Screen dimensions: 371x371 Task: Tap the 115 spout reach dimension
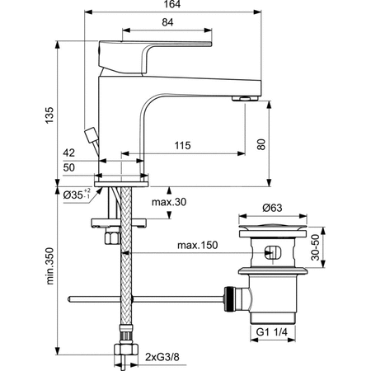point(182,147)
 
